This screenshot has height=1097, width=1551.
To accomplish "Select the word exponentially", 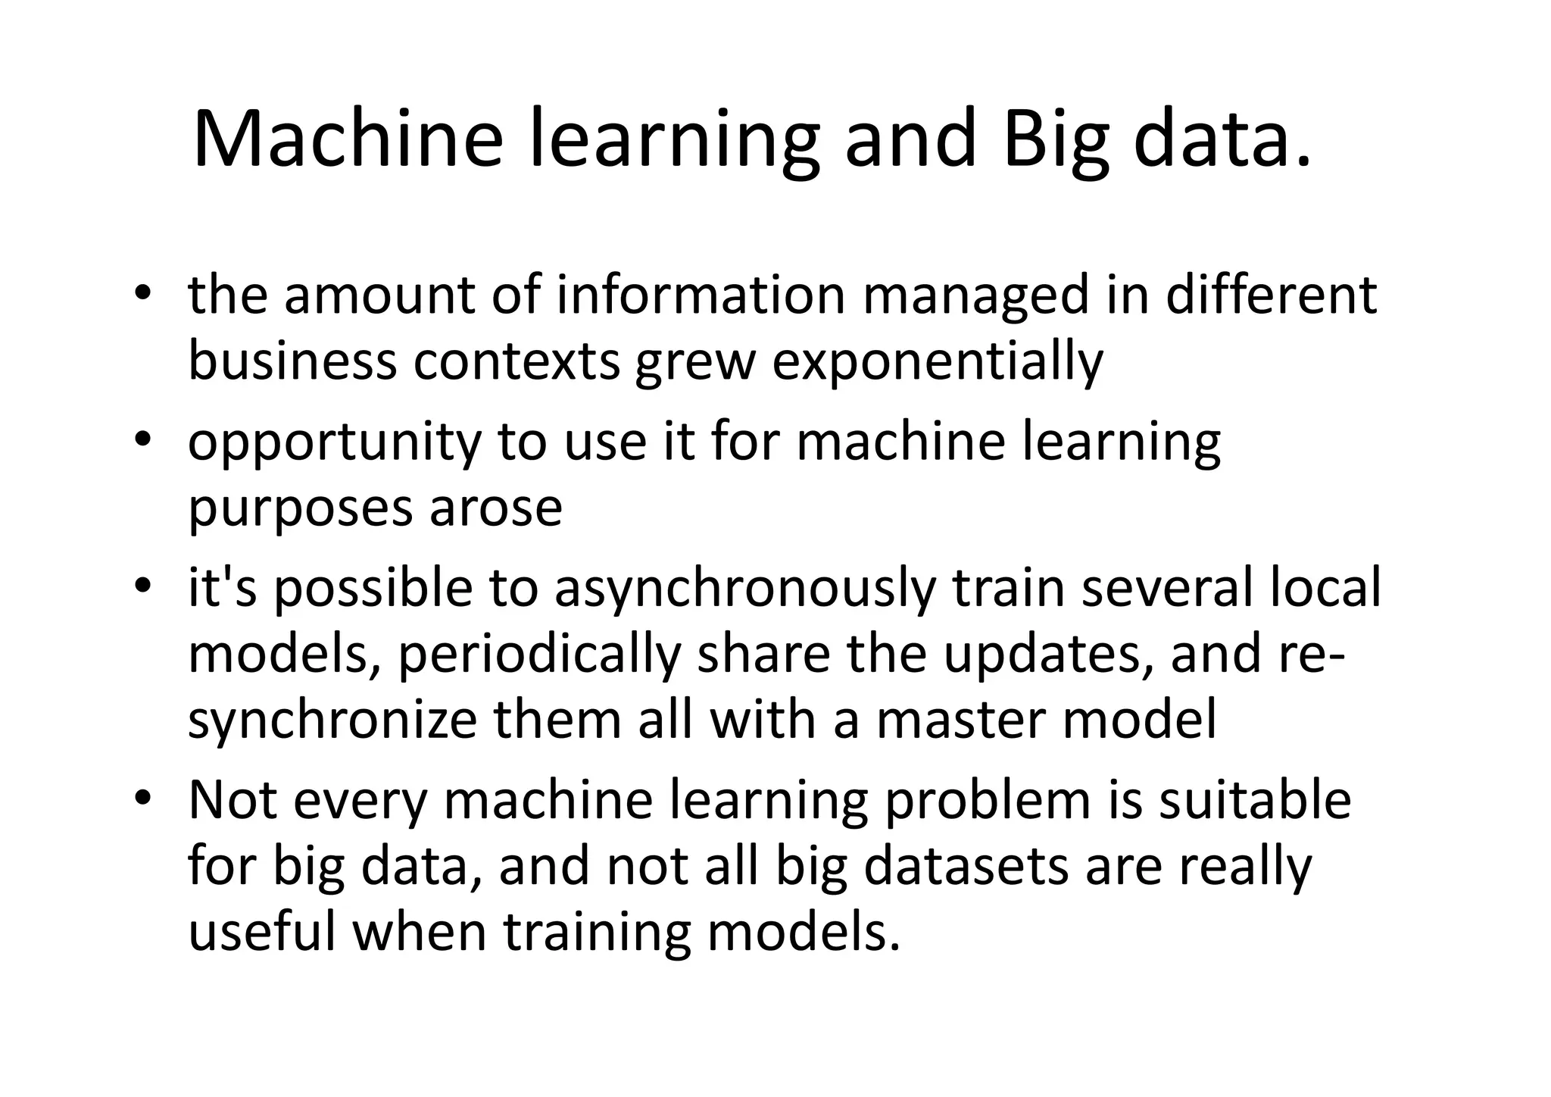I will coord(938,363).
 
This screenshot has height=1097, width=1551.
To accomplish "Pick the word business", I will coord(292,361).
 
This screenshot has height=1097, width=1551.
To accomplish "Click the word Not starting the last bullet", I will coord(232,800).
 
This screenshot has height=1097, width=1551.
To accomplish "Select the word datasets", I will coord(967,866).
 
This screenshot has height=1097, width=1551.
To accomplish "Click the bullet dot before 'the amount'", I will coord(142,295).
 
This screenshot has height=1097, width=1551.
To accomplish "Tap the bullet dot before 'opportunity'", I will coord(142,441).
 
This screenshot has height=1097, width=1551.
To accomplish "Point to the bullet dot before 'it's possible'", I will coord(142,588).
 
